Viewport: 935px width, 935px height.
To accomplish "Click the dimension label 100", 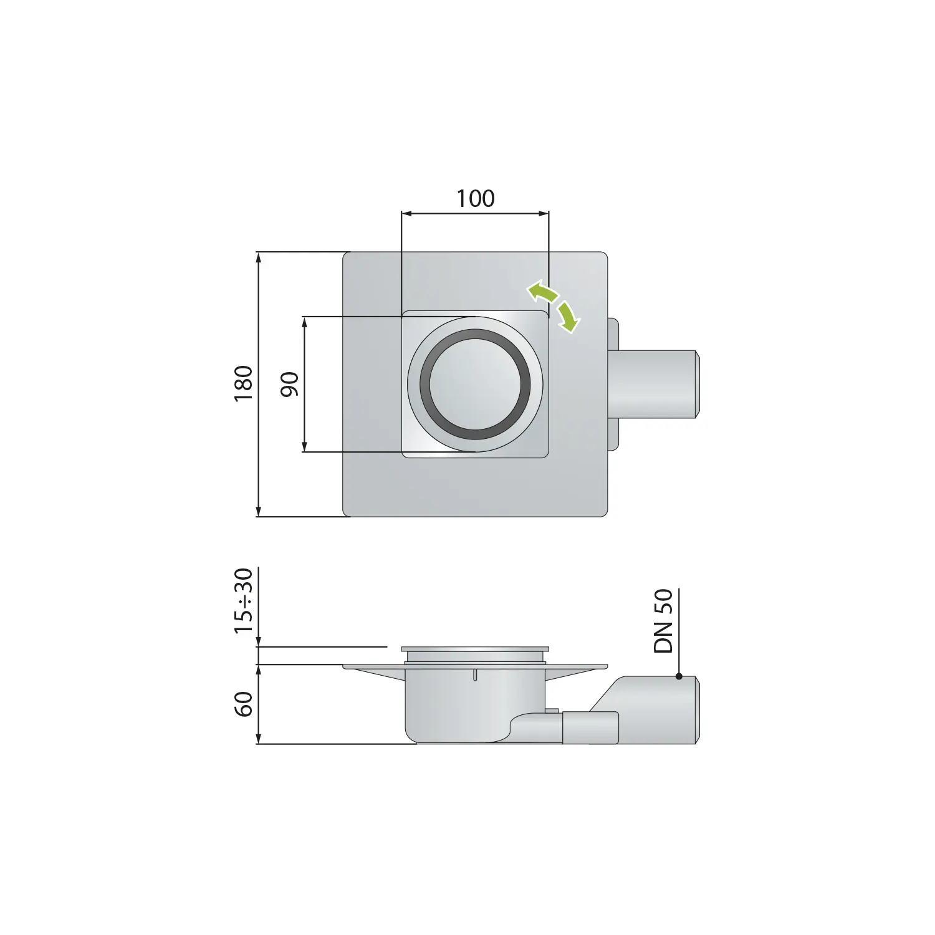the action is (476, 199).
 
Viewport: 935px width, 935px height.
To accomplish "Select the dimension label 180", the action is (244, 383).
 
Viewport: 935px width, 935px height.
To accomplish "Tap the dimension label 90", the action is (289, 384).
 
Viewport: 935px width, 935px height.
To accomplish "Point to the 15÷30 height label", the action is (244, 601).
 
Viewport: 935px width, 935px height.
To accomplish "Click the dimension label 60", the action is (244, 704).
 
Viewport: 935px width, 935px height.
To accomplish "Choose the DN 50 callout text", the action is (664, 621).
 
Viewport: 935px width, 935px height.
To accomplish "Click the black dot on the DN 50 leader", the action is (679, 676).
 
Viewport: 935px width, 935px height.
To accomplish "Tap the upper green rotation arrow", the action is (542, 291).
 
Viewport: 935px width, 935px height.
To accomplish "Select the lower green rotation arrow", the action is (569, 316).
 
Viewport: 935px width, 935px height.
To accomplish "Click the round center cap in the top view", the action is (476, 385).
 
